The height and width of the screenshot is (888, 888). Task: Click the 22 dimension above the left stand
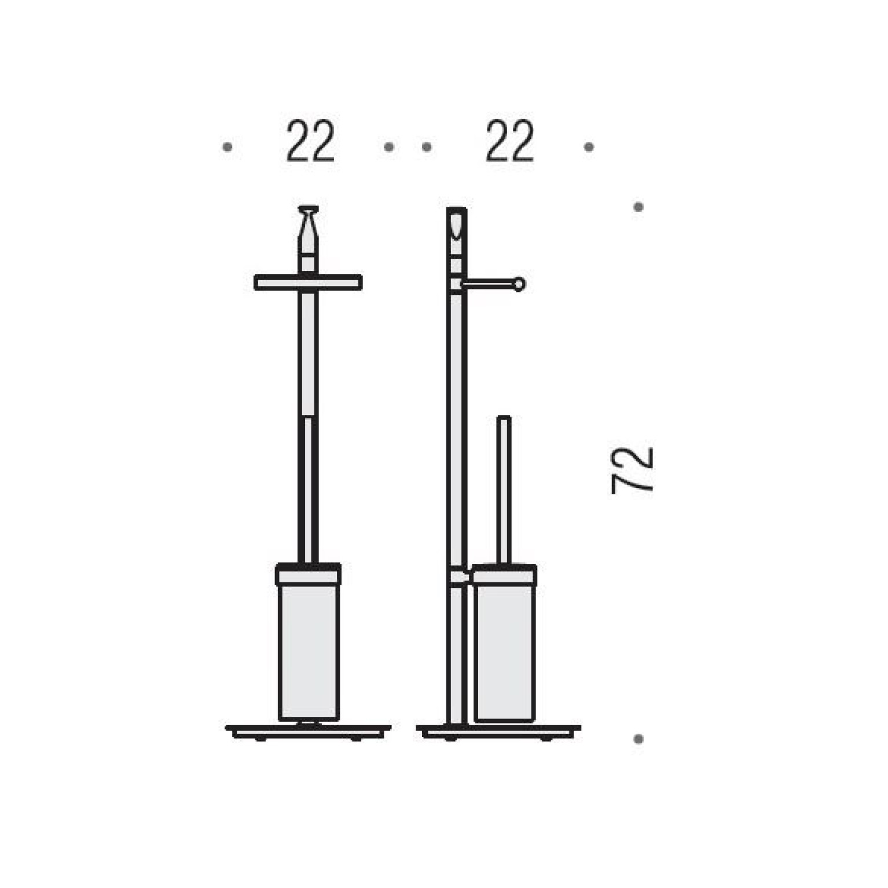pyautogui.click(x=310, y=141)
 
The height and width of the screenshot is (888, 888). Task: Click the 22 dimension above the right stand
pyautogui.click(x=509, y=141)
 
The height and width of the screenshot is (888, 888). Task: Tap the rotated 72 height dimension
pyautogui.click(x=633, y=470)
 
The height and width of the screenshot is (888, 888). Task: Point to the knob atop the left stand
pyautogui.click(x=308, y=223)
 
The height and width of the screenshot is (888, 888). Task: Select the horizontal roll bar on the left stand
pyautogui.click(x=308, y=282)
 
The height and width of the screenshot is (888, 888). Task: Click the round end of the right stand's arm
pyautogui.click(x=519, y=284)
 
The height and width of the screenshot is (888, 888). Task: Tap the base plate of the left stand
pyautogui.click(x=308, y=732)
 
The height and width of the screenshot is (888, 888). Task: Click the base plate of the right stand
pyautogui.click(x=498, y=732)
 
